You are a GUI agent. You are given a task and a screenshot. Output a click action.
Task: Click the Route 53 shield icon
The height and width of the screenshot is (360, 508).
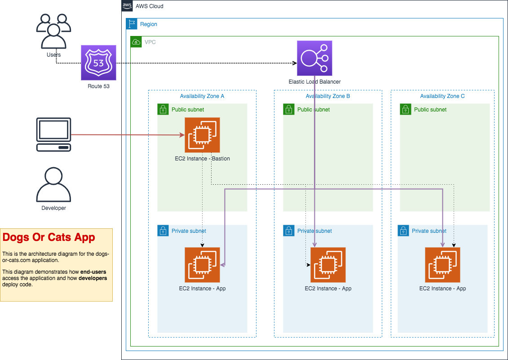[x=98, y=62]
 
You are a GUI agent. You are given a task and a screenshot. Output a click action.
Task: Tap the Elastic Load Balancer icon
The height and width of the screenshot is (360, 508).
[x=314, y=58]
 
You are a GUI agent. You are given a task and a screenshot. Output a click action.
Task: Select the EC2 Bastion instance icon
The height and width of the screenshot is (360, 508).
[x=202, y=135]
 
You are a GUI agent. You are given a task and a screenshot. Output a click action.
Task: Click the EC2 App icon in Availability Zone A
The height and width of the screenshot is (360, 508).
[x=202, y=265]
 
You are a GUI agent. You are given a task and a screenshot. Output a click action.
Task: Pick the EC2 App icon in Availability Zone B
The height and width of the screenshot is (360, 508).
[x=328, y=265]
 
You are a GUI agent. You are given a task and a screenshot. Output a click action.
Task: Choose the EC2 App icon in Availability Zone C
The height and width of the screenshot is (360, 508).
[x=442, y=265]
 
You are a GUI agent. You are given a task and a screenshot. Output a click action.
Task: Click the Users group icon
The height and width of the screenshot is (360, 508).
[x=53, y=31]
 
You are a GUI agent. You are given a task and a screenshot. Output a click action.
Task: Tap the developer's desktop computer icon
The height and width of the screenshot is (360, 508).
[x=53, y=135]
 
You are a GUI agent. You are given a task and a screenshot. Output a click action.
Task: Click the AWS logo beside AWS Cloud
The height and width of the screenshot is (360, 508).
[x=127, y=6]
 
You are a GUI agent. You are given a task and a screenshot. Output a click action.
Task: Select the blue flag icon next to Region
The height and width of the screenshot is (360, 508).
[x=132, y=24]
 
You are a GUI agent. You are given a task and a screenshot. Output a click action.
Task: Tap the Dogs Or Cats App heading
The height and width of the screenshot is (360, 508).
[x=49, y=237]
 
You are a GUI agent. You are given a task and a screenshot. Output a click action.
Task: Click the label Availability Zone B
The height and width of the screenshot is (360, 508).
[x=328, y=96]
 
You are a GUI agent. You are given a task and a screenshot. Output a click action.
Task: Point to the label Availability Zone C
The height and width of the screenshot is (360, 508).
[x=442, y=96]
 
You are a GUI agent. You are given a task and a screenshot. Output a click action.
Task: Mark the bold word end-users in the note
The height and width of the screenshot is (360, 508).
[x=93, y=272]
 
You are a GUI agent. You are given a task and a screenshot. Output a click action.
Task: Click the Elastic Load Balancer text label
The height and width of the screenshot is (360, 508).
[x=314, y=82]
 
